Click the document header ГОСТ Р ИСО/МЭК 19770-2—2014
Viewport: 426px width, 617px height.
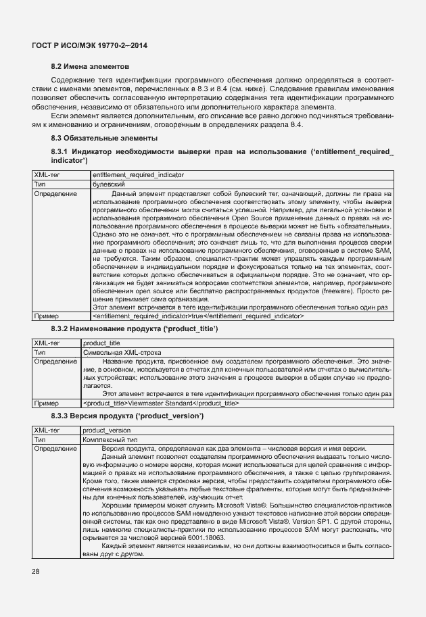[x=89, y=45]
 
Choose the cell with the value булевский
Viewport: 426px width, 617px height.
[x=108, y=184]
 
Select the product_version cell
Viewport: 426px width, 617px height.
[x=106, y=430]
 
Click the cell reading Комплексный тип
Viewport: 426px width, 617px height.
[x=109, y=440]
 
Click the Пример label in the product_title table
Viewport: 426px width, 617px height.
[x=47, y=403]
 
